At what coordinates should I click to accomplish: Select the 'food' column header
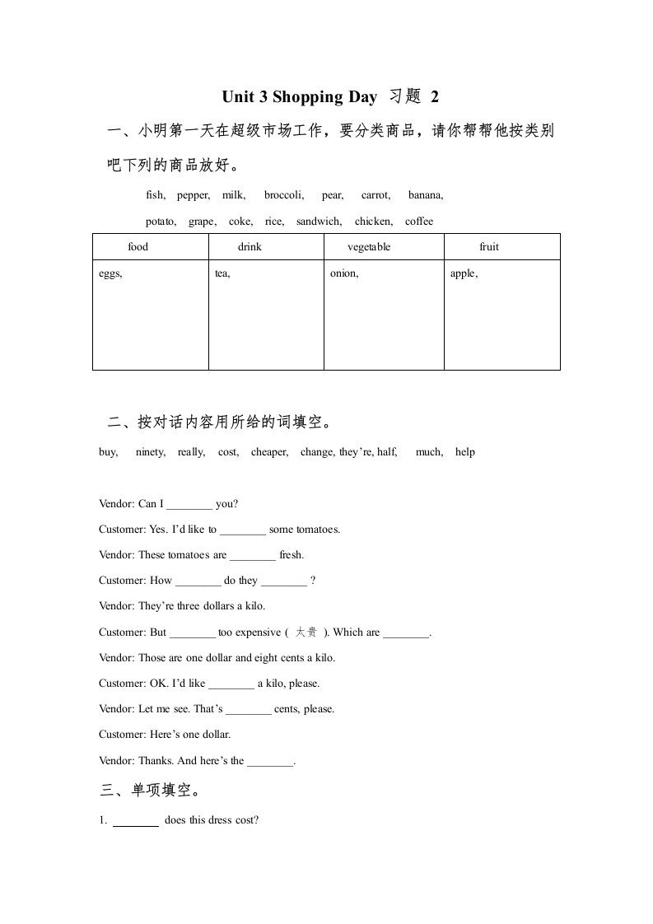click(x=138, y=247)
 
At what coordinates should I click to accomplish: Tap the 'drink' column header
click(x=250, y=247)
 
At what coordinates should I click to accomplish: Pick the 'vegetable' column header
click(x=369, y=247)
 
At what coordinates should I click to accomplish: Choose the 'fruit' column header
click(x=489, y=247)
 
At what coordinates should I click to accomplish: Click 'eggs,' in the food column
click(x=110, y=273)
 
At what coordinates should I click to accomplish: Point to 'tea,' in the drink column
click(x=222, y=273)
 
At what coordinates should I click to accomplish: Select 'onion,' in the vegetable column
click(x=344, y=273)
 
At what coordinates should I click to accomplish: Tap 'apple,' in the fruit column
click(x=464, y=273)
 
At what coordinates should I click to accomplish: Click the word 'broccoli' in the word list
click(x=283, y=195)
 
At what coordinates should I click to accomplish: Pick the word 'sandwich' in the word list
click(x=319, y=222)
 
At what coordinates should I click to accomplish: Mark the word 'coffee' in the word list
click(x=419, y=222)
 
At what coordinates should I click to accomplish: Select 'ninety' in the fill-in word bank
click(x=150, y=452)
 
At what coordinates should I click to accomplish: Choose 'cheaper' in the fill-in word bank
click(x=269, y=452)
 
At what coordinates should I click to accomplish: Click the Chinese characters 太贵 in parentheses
click(x=306, y=632)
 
